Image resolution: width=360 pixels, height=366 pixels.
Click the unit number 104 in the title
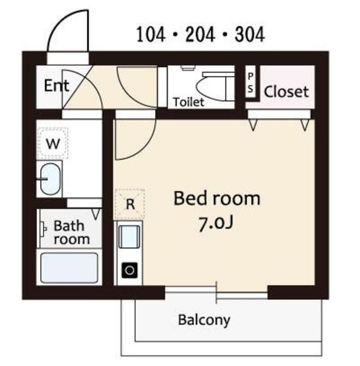coord(151,34)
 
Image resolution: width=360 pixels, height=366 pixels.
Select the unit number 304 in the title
coord(250,34)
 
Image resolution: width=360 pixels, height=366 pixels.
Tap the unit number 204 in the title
coord(200,34)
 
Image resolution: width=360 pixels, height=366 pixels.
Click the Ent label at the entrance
coord(57,85)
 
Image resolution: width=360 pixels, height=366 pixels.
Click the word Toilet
coord(188,102)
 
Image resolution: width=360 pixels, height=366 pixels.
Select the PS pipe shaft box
coord(251,82)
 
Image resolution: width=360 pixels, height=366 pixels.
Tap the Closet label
coord(286,91)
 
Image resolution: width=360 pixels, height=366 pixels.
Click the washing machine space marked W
coord(53,143)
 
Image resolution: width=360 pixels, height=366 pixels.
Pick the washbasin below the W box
coord(51,179)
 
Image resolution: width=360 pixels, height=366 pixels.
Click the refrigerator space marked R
coord(130,204)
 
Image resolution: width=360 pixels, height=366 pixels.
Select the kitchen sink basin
coord(129,237)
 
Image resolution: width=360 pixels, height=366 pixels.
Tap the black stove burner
coord(129,270)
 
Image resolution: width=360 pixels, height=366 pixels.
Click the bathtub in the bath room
coord(69,268)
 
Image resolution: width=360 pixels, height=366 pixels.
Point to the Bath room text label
coord(71,233)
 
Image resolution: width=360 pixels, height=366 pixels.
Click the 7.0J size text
coord(216,224)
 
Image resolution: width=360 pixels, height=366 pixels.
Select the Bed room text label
coord(217,198)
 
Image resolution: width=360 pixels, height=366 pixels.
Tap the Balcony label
coord(204,320)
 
